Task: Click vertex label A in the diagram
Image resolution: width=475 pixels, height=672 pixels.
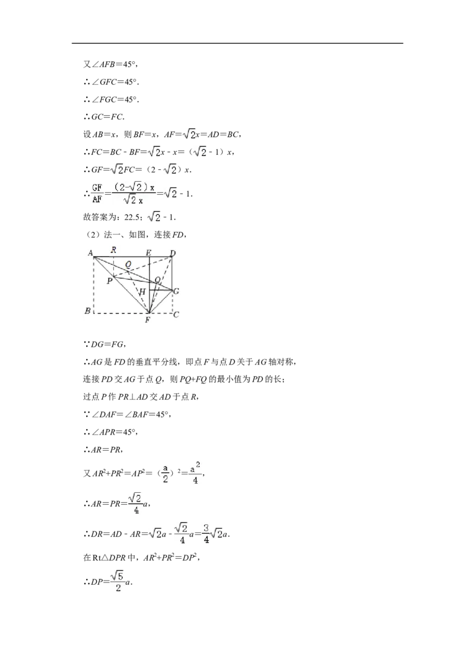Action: coord(90,253)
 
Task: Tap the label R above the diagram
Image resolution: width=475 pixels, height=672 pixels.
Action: coord(113,250)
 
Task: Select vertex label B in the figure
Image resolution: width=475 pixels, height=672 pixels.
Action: coord(87,310)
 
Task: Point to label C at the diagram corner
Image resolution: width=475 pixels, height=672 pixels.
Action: coord(176,315)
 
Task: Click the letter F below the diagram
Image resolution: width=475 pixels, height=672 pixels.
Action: coord(147,320)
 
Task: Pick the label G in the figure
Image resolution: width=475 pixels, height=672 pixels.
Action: coord(176,291)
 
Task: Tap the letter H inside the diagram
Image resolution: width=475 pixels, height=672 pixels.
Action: coord(142,292)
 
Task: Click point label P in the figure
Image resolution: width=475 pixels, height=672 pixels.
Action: coord(110,281)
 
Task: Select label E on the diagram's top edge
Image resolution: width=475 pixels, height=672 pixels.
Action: coord(148,253)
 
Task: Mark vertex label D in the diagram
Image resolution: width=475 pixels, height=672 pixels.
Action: coord(172,253)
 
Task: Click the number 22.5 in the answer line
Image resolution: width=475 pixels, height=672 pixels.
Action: coord(132,217)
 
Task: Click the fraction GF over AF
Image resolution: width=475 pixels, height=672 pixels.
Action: coord(97,194)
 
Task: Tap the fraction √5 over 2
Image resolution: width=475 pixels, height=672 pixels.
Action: coord(118,581)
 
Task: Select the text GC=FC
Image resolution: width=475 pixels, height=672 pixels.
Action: coord(107,116)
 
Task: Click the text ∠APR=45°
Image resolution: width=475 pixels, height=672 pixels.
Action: coord(114,432)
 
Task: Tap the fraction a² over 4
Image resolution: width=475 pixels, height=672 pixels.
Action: coord(195,473)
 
